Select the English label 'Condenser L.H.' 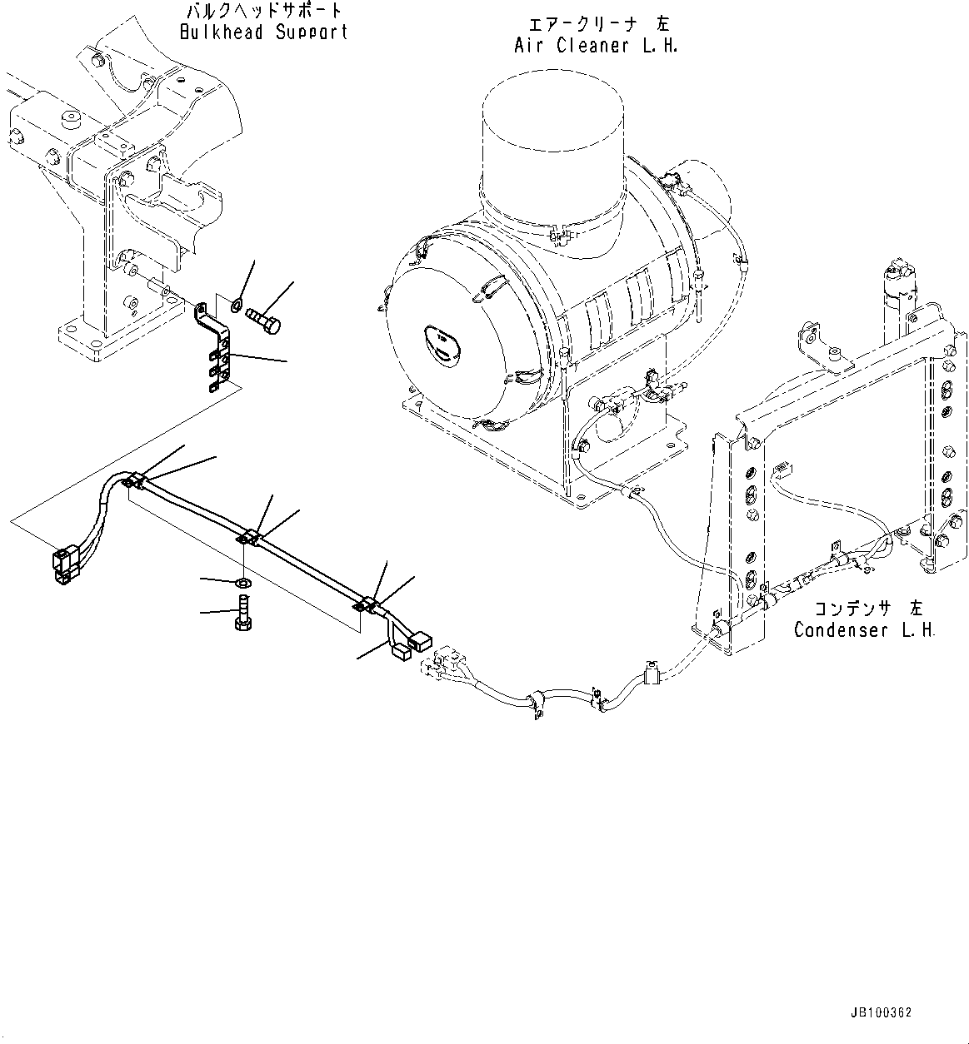864,629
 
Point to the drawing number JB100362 882,1013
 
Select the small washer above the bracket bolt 238,303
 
